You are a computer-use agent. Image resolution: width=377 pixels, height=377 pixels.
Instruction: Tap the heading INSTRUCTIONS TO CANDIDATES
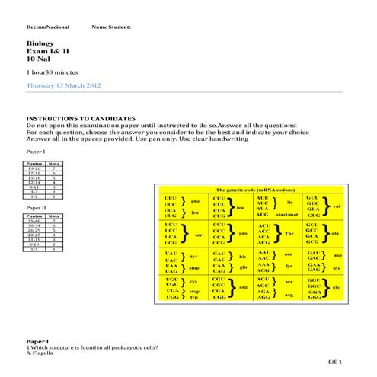pos(81,119)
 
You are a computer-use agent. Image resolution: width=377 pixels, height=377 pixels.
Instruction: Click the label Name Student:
pos(110,27)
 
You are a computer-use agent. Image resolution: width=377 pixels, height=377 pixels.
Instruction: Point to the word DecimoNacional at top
pos(47,27)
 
